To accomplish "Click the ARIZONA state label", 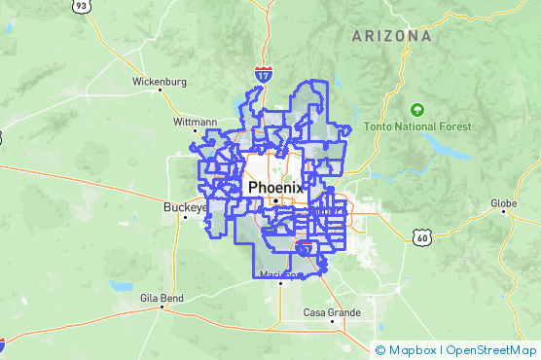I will pos(392,36).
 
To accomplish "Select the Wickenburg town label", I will pos(159,82).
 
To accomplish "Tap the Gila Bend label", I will pos(161,297).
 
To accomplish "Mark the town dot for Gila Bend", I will pos(161,306).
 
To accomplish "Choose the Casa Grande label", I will pos(332,312).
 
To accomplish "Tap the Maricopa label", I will pos(282,275).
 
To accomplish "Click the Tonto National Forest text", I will pos(418,126).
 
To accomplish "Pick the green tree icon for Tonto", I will pos(417,110).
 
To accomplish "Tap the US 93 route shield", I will pos(82,7).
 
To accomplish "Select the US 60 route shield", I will pos(420,236).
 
